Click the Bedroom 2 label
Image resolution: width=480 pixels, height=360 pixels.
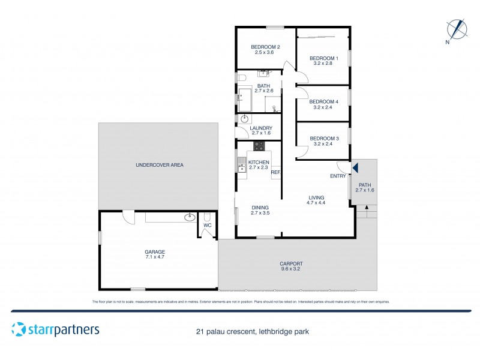tap(265, 47)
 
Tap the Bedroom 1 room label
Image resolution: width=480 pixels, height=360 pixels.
tap(324, 58)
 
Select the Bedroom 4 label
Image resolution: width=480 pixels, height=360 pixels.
tap(324, 101)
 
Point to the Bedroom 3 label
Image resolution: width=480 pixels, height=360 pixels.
tap(324, 139)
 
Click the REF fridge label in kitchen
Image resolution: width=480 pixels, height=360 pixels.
tap(275, 173)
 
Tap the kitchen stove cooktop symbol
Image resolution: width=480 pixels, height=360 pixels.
tap(259, 146)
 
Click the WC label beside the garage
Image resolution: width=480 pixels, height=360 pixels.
tap(208, 226)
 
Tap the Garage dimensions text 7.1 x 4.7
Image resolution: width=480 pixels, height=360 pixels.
tap(155, 257)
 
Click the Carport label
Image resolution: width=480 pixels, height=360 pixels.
tap(291, 263)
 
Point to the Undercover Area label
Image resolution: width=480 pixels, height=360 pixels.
tap(160, 165)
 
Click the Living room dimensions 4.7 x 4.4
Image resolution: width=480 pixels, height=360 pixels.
tap(316, 203)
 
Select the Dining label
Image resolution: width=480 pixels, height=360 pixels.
tap(260, 207)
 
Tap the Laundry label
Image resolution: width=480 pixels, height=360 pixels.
tap(261, 128)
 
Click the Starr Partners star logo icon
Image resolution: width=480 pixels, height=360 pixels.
tap(18, 329)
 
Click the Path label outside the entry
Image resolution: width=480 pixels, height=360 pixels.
tap(365, 185)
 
